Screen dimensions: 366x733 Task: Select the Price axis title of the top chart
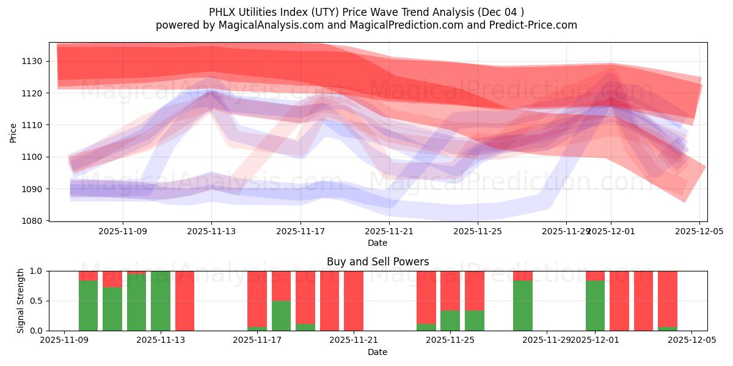tap(13, 132)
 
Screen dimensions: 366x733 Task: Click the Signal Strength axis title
tap(21, 301)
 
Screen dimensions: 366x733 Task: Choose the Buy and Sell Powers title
tap(377, 262)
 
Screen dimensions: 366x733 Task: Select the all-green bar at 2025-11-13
tap(161, 301)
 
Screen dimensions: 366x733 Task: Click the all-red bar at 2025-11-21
tap(354, 301)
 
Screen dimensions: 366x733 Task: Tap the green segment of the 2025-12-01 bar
tap(595, 305)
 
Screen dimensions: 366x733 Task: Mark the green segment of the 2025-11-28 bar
tap(523, 305)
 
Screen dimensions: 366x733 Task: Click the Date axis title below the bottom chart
tap(377, 352)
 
